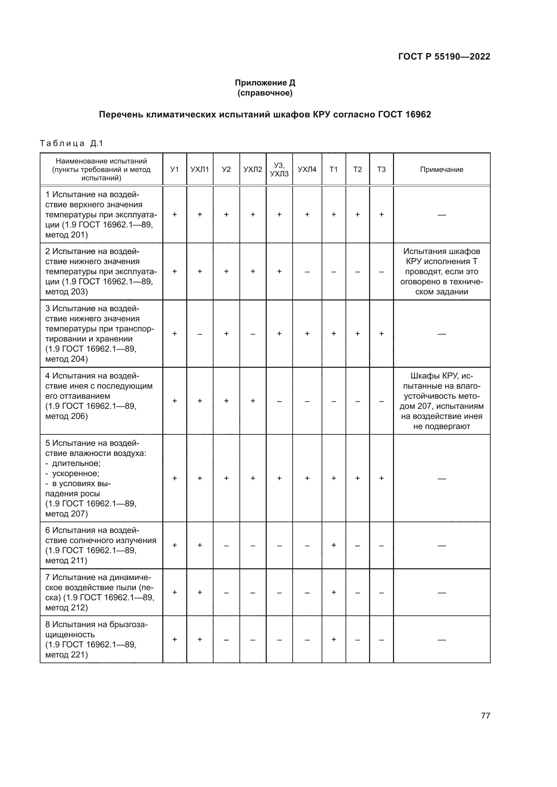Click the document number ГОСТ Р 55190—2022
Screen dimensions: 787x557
pos(444,57)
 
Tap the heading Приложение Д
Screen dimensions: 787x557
pos(265,83)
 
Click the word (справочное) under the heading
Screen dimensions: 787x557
pos(265,93)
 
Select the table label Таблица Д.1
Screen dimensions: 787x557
pos(71,143)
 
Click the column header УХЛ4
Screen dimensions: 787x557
pos(307,169)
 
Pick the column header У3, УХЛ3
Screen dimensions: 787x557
pos(279,169)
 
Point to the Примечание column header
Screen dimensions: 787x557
pos(441,169)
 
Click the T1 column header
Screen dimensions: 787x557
pos(333,169)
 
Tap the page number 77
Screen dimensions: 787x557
pos(485,716)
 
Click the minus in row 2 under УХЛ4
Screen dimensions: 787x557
pos(307,272)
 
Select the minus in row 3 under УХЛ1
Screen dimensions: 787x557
pos(200,333)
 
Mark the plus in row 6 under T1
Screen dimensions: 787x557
pos(333,545)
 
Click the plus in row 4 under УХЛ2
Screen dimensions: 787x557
pos(253,401)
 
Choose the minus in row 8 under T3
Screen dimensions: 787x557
pos(381,639)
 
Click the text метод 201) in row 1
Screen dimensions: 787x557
pos(67,235)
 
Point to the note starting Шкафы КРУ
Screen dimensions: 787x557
pos(441,401)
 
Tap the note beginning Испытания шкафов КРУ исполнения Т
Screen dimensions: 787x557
pos(441,272)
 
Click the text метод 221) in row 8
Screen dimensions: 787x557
pos(67,655)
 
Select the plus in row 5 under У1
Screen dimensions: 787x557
pos(174,478)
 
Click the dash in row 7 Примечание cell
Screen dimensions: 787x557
pos(441,592)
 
